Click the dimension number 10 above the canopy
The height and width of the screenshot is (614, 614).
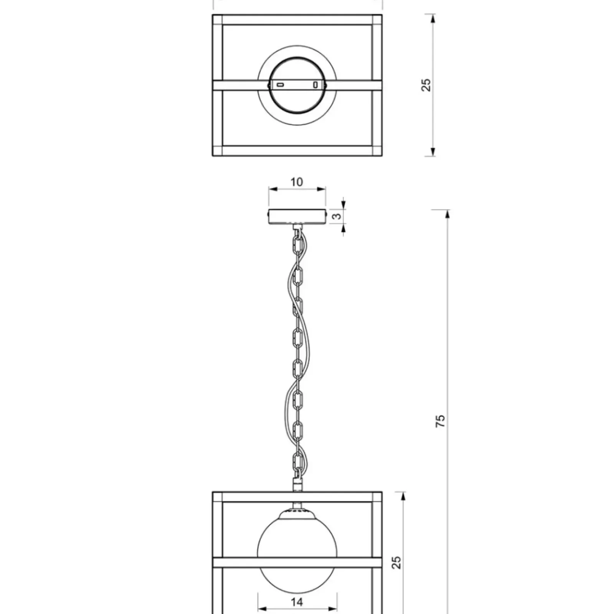click(x=297, y=182)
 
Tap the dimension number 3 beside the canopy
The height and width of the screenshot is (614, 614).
click(x=337, y=216)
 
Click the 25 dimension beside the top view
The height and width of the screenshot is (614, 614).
click(x=426, y=85)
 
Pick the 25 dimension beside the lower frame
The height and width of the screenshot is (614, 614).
click(x=397, y=563)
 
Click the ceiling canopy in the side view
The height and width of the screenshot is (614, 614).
click(x=297, y=216)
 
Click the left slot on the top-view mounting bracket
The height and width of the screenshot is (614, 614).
click(x=281, y=85)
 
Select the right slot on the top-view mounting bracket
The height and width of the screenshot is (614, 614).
click(x=315, y=85)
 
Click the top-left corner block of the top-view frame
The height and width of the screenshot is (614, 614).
click(x=218, y=20)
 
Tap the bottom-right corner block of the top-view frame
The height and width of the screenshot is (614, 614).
click(x=377, y=151)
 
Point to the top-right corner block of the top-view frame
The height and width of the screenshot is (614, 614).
click(x=377, y=20)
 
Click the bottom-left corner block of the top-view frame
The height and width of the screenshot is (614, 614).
click(x=218, y=151)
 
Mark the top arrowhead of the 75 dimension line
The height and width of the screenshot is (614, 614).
click(x=447, y=215)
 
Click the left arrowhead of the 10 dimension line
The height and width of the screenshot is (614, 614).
click(x=273, y=189)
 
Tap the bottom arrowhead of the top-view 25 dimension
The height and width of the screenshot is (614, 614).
click(x=433, y=152)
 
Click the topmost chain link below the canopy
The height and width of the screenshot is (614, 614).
click(x=297, y=244)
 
